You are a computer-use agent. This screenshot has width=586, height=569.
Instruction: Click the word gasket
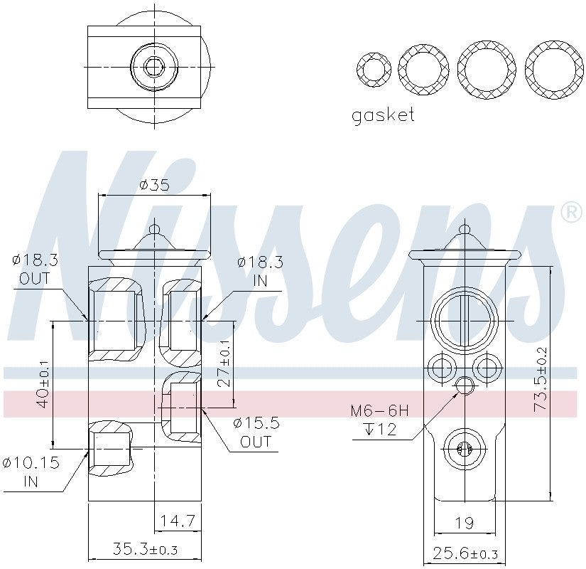[383, 115]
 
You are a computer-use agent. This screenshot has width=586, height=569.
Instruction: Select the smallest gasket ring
[373, 70]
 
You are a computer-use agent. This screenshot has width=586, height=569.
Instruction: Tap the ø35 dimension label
[154, 185]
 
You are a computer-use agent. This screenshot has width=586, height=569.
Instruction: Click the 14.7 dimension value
[178, 521]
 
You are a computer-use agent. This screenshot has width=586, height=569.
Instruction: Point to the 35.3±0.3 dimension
[144, 549]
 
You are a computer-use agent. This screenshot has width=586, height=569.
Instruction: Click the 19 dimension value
[464, 523]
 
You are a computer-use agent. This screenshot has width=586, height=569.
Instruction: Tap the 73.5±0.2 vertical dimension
[541, 380]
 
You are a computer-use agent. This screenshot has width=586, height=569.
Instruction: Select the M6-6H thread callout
[380, 411]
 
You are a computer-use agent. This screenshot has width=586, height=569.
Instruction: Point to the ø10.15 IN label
[31, 472]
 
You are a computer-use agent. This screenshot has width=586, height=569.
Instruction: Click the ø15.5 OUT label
[256, 432]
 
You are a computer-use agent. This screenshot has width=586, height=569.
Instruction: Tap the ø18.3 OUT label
[34, 269]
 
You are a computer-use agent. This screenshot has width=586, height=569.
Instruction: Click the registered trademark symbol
[570, 212]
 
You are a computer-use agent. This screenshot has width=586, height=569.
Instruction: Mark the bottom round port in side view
[464, 448]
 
